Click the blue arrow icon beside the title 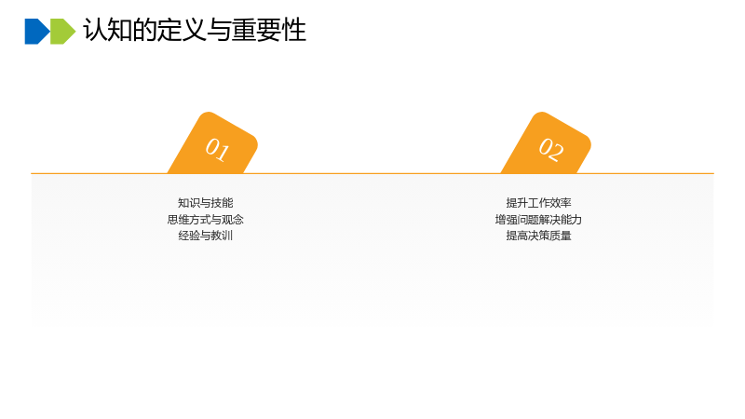coord(37,32)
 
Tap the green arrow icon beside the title coord(62,32)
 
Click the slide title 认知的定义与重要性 coord(195,30)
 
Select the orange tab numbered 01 coord(213,143)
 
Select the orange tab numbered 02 coord(546,143)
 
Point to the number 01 coord(218,149)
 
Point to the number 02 coord(551,149)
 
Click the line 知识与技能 coord(205,203)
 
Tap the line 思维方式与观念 coord(205,220)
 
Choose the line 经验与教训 coord(205,236)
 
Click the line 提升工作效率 coord(538,203)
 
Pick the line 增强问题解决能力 coord(538,220)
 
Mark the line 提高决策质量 coord(538,236)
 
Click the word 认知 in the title coord(108,30)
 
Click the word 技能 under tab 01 coord(222,203)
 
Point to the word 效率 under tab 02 coord(561,203)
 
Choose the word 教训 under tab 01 coord(222,236)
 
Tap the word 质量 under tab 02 coord(561,236)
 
